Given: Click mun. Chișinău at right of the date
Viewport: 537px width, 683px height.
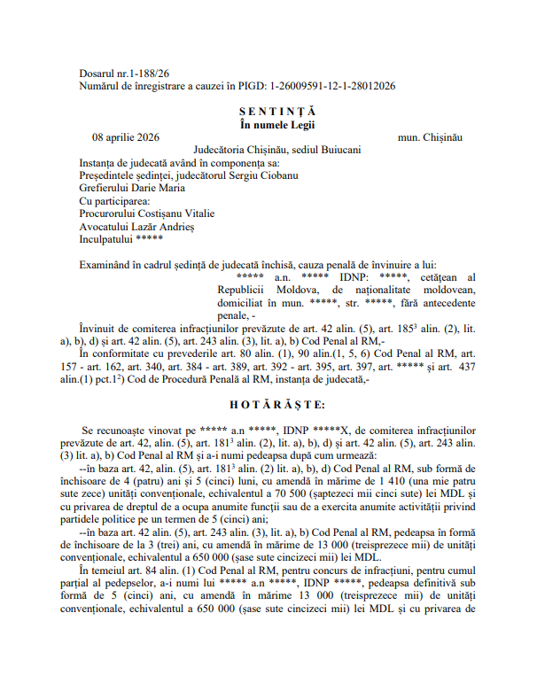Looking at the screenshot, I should (x=431, y=137).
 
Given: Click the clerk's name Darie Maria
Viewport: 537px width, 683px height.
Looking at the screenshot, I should (x=158, y=188).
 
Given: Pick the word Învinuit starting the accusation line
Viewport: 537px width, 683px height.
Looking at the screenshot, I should (x=102, y=328).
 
